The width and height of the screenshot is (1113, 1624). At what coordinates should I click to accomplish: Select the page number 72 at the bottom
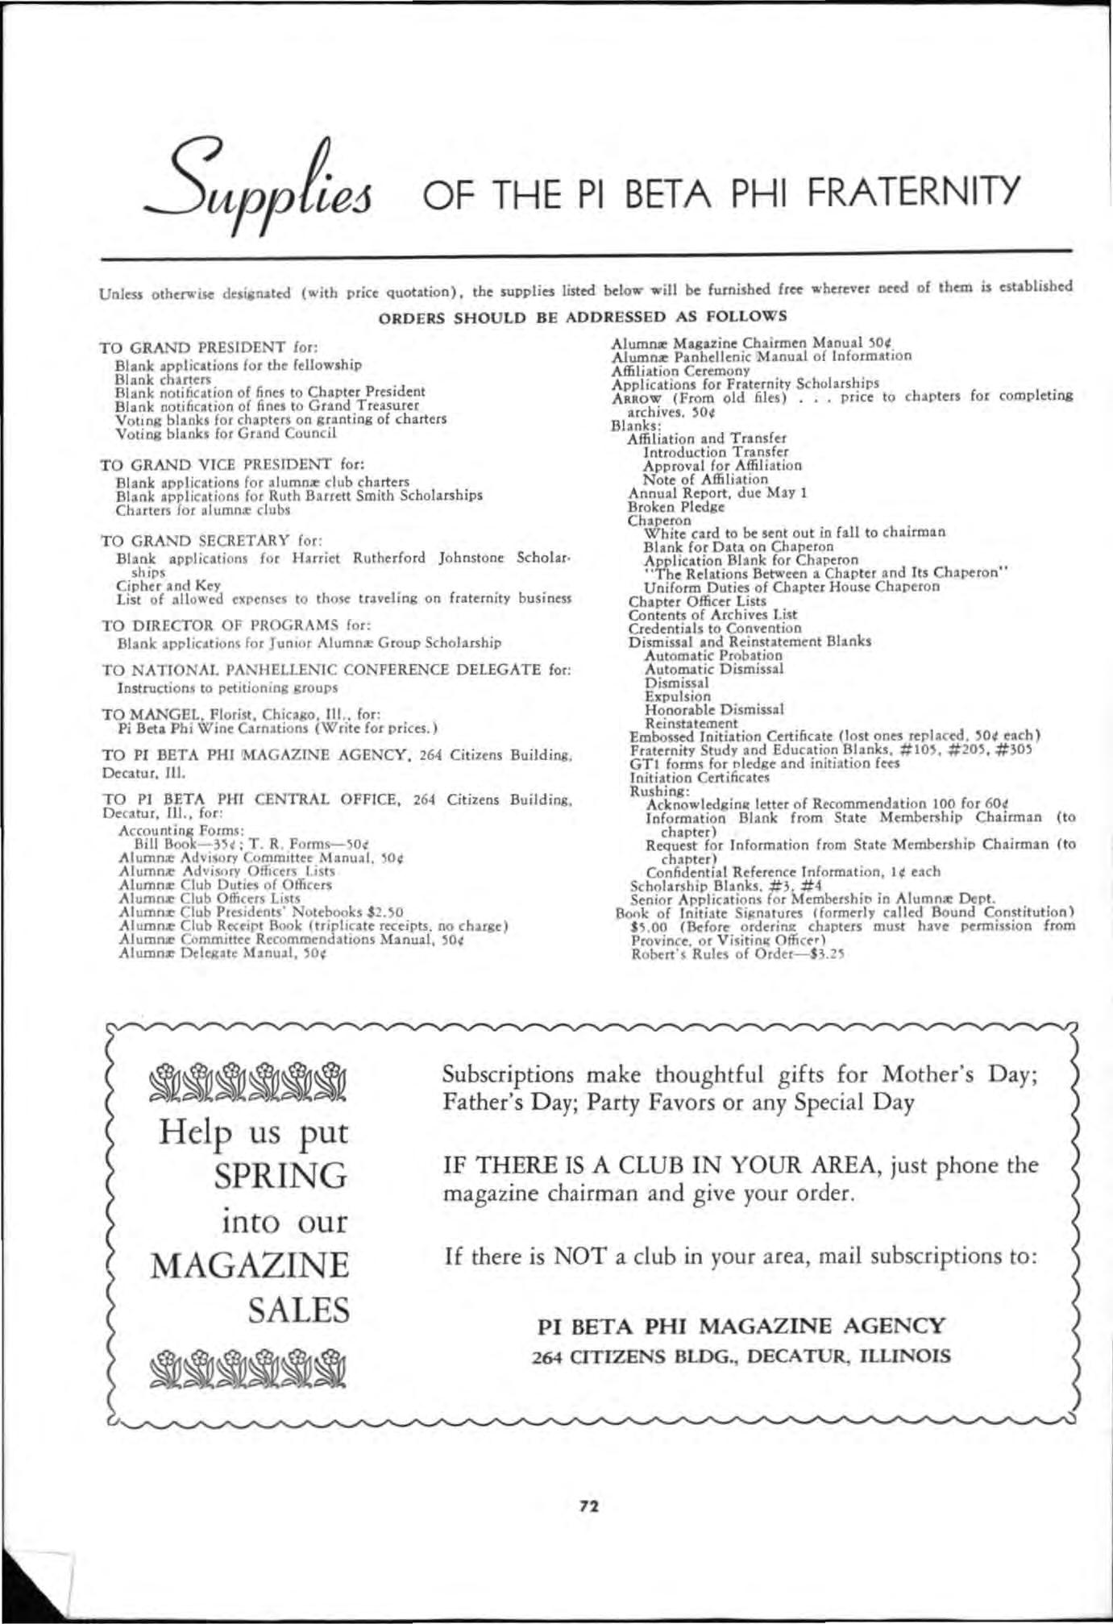point(589,1505)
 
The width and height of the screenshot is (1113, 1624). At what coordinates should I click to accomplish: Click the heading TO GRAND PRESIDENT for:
point(209,348)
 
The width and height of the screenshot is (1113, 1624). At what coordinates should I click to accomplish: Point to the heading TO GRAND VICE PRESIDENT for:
point(232,465)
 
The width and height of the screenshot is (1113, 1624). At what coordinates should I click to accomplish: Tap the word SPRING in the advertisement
point(281,1177)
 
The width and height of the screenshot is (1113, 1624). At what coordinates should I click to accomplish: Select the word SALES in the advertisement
point(299,1310)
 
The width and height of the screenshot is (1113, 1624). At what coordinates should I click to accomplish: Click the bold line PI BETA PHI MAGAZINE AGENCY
point(740,1326)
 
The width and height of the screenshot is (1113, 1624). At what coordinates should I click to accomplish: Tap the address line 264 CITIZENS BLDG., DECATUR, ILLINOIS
point(741,1356)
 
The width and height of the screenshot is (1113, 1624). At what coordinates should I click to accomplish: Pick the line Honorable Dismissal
point(713,710)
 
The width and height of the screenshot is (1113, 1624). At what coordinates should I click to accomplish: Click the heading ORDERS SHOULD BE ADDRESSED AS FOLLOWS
point(582,317)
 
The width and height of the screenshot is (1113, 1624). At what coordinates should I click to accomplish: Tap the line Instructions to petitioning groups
point(227,688)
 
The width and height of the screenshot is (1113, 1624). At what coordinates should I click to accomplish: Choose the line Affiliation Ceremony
point(680,371)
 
